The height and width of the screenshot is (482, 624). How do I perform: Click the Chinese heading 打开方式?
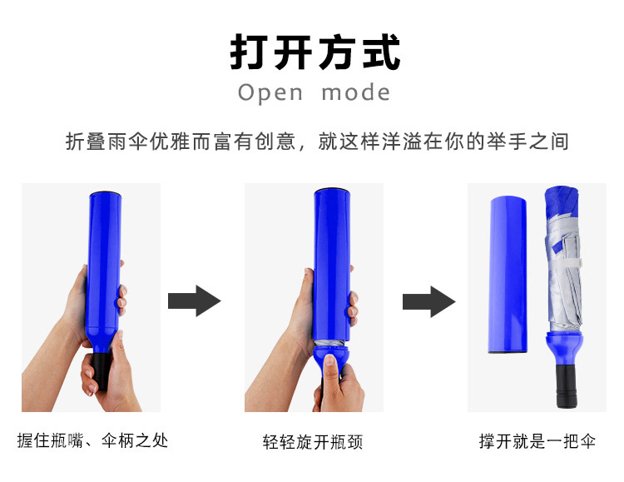point(314,52)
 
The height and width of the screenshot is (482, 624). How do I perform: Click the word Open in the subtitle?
point(270,92)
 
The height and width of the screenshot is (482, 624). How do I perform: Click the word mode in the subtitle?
point(355,92)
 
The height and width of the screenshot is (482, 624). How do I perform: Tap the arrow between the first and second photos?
point(194,301)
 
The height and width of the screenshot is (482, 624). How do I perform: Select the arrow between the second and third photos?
point(429,301)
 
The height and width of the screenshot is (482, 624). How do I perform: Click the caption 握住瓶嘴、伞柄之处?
point(92,440)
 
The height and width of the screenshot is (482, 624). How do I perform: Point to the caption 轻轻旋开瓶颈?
point(313,442)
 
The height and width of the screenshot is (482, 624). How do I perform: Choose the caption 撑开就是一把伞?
point(537,441)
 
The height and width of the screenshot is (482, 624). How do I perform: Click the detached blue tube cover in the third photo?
point(508,275)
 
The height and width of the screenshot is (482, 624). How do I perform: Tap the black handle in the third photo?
point(567,385)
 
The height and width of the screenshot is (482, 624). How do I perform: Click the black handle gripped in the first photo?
point(101,370)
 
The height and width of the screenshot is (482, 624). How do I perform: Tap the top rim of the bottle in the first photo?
point(106,194)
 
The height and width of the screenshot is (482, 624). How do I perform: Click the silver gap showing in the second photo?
point(331,344)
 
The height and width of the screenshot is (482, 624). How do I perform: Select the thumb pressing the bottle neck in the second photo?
point(330,367)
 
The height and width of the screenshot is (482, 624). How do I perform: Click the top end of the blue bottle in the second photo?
point(332,191)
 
